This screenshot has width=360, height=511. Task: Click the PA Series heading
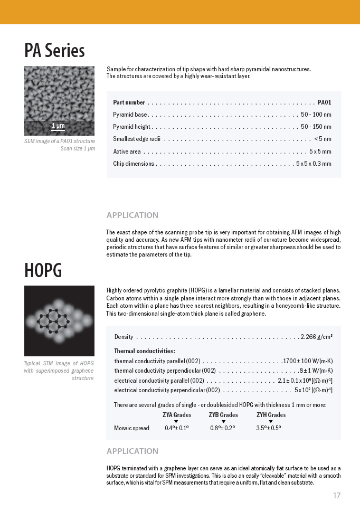point(54,51)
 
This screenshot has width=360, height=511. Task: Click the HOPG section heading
point(43,270)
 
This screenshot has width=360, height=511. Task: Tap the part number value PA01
point(324,102)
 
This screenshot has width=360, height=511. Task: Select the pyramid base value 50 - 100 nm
point(316,115)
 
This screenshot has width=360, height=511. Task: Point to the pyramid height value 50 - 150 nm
point(316,127)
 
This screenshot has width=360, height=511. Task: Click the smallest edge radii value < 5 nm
point(323,139)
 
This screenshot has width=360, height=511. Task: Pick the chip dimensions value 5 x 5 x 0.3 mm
point(314,164)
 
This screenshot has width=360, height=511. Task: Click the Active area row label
point(127,152)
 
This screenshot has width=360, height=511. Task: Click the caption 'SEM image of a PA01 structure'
point(60,141)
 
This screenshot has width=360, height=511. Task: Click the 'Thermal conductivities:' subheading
point(145,351)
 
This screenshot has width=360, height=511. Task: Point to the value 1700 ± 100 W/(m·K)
point(308,361)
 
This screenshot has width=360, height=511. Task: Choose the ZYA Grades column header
point(176,415)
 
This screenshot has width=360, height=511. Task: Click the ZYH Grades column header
point(271,415)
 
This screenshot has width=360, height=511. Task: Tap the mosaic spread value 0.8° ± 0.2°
point(223,428)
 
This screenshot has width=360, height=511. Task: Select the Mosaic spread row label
point(131,428)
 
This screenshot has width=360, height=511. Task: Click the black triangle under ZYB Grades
point(223,421)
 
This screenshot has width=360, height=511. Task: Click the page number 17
point(337,496)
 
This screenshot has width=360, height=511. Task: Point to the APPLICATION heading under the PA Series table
point(132,215)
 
